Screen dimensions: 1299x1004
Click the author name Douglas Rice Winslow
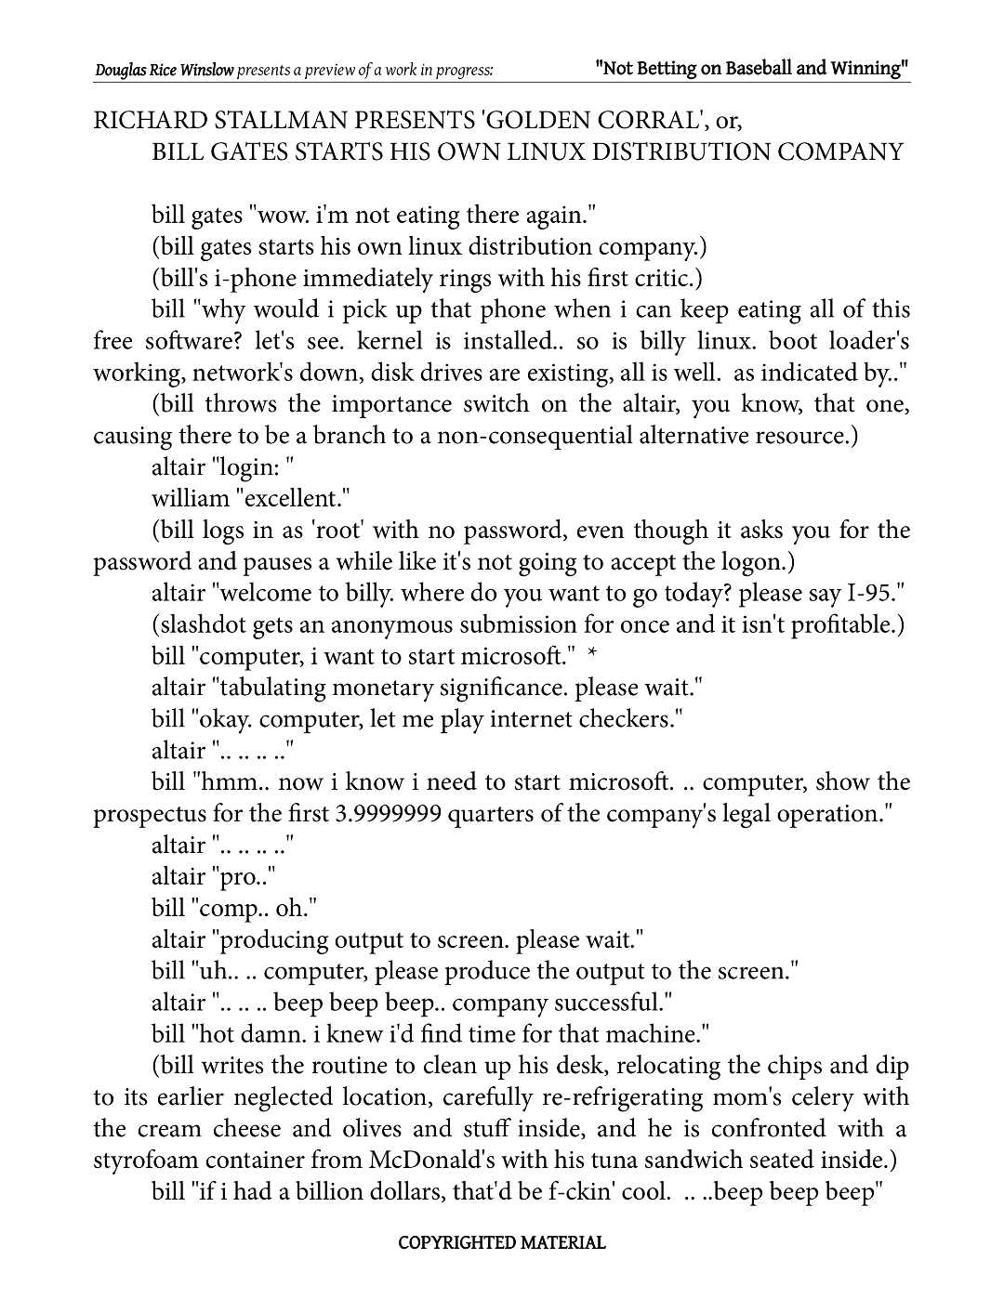[x=164, y=70]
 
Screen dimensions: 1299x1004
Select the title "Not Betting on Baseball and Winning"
[x=751, y=68]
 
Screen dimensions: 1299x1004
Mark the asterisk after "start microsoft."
[x=593, y=656]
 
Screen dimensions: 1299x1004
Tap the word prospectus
[x=149, y=815]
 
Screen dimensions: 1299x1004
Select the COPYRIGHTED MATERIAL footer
[x=502, y=1242]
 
